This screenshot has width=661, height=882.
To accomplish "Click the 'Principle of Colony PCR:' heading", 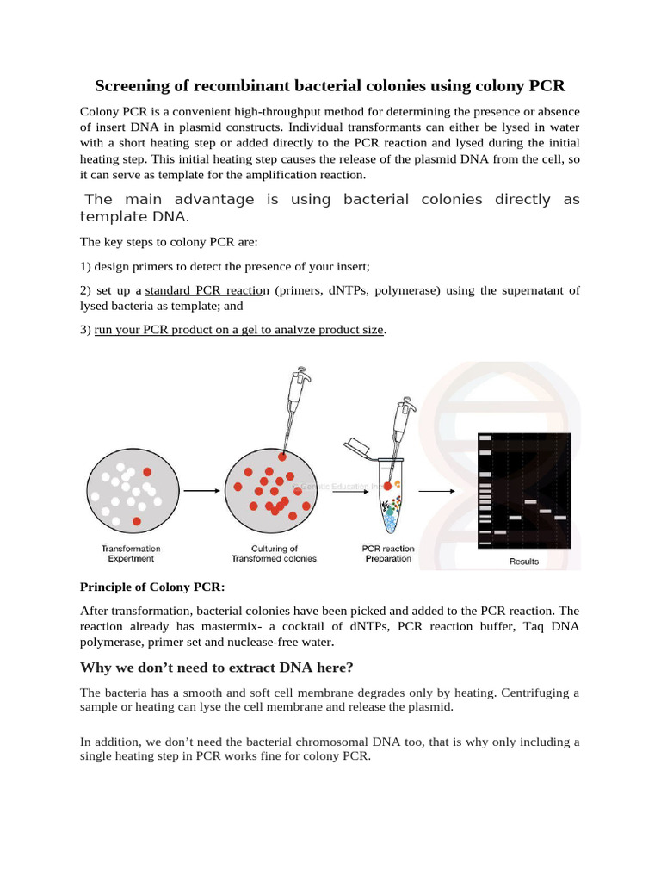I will (151, 587).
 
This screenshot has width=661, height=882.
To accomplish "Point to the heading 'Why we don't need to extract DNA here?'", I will (216, 668).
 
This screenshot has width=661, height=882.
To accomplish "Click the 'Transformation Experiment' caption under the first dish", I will (131, 553).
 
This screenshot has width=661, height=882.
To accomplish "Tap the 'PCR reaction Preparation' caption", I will (388, 553).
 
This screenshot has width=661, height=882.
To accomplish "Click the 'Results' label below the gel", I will (523, 562).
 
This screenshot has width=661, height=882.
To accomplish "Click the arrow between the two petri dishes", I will (202, 491).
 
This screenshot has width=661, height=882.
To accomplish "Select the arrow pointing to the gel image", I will (436, 491).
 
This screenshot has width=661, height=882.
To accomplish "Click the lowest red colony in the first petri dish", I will (137, 521).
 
